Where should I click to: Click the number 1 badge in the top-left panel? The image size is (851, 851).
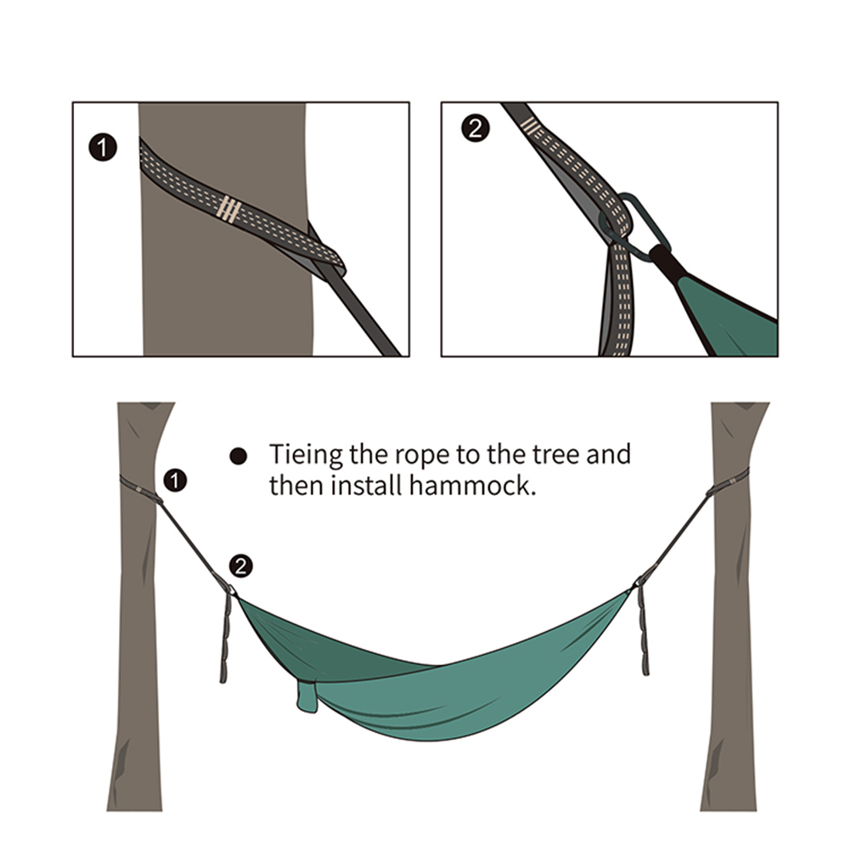[x=103, y=148]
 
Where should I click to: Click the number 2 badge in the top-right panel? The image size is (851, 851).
[x=476, y=128]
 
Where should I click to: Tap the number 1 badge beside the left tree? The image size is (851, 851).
[x=175, y=481]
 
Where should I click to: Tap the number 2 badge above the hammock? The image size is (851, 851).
[x=241, y=566]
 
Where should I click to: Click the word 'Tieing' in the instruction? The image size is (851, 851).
[x=306, y=455]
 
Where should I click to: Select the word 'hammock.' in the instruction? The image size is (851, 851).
[x=472, y=485]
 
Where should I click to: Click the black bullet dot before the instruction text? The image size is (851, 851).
[x=239, y=456]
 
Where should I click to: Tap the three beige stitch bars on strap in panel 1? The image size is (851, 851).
[x=228, y=209]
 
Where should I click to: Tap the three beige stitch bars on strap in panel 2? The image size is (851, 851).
[x=530, y=127]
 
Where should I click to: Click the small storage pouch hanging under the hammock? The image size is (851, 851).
[x=307, y=696]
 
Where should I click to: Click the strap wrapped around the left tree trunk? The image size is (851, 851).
[x=140, y=488]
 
